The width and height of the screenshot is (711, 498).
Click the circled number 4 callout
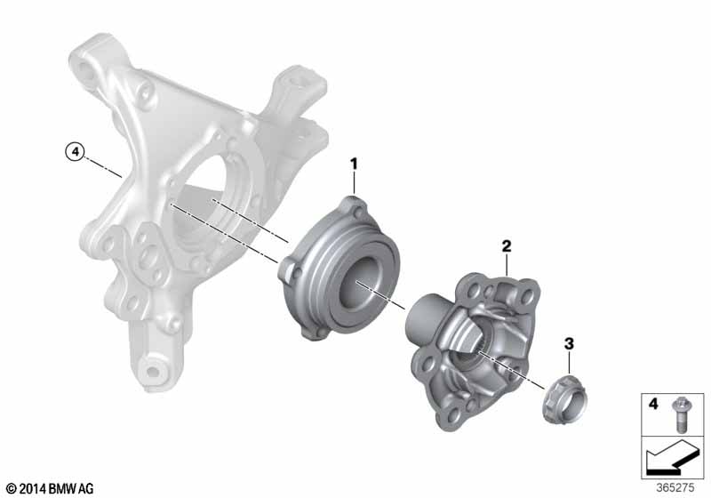(76, 151)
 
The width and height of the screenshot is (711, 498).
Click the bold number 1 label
(354, 165)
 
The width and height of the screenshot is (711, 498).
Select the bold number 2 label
(507, 246)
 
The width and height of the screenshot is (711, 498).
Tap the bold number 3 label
(569, 344)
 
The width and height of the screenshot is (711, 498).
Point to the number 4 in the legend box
(652, 403)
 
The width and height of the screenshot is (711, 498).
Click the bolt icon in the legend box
(680, 414)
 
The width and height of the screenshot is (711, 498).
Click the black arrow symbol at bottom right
(673, 460)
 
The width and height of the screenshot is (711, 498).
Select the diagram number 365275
(675, 488)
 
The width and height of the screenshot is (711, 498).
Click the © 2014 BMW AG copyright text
(50, 488)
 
